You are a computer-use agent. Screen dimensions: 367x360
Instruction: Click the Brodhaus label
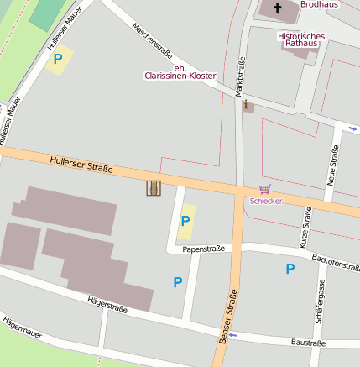coord(318,4)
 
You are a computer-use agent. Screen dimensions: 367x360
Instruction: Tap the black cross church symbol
coord(279,8)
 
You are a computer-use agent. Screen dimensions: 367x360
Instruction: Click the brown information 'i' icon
coord(247,105)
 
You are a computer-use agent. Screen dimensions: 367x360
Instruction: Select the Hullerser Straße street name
coord(81,164)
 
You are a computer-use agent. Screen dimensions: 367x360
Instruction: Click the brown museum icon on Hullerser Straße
coord(153,188)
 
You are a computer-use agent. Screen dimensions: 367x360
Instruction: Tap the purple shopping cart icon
coord(265,190)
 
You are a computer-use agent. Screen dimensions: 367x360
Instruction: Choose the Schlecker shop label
coord(265,202)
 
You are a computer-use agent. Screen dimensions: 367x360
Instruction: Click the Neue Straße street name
coord(333,165)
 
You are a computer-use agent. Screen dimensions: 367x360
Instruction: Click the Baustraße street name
coord(308,343)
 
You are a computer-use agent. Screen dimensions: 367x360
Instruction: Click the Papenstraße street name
coord(203,249)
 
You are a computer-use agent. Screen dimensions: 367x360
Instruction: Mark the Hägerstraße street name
coord(107,303)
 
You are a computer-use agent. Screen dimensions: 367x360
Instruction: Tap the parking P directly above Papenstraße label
coord(185,221)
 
